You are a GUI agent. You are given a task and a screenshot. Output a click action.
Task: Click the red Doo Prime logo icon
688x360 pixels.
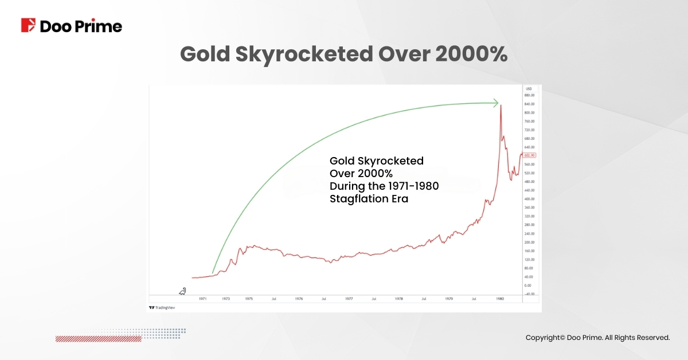point(28,25)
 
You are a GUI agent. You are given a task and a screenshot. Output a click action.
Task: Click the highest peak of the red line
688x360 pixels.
point(501,105)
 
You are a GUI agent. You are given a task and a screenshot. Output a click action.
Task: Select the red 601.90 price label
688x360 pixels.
point(529,155)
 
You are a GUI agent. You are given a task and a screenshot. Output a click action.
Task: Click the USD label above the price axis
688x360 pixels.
point(529,89)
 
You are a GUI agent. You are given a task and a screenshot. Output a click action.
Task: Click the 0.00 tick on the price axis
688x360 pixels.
point(529,285)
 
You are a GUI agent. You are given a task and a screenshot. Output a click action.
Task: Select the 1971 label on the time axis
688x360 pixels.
point(203,299)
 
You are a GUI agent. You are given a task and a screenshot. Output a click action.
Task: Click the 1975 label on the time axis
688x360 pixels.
point(249,299)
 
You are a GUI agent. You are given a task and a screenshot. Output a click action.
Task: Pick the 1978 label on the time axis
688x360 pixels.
point(399,299)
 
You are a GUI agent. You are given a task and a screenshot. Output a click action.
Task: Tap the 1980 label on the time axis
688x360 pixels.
point(500,299)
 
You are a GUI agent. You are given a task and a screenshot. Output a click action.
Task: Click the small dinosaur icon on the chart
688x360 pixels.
point(182,291)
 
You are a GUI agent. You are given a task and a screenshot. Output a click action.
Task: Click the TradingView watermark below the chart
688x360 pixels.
point(162,308)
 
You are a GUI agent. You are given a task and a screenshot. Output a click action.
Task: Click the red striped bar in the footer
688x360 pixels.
point(98,339)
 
